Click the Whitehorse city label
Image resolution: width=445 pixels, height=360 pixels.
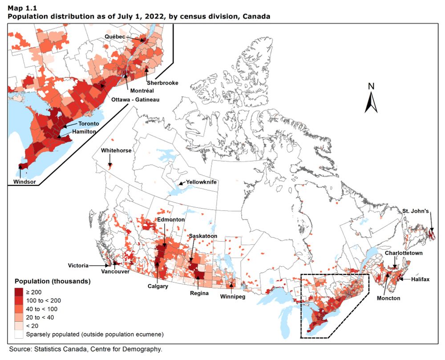[x=116, y=150]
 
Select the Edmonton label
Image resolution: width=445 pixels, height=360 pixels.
[x=171, y=220]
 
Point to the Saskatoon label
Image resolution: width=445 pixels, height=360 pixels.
[x=203, y=235]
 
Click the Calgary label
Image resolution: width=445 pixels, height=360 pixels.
[x=158, y=286]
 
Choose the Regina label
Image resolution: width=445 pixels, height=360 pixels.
[x=198, y=293]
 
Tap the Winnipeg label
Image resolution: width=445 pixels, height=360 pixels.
[x=232, y=296]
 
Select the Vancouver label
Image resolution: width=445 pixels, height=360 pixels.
[x=115, y=271]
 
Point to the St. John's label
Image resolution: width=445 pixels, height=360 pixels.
[x=416, y=210]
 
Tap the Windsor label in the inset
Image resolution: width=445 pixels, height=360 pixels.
[x=24, y=182]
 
